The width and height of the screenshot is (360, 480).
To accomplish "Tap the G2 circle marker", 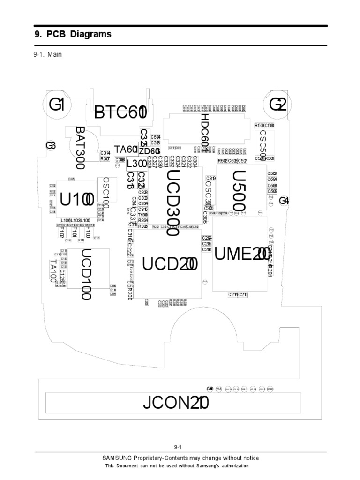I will click(x=277, y=105).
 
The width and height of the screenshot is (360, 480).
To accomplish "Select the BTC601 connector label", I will click(x=120, y=113).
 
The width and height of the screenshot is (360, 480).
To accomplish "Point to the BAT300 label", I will click(x=80, y=147).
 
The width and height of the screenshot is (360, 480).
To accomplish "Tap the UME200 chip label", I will click(x=242, y=254).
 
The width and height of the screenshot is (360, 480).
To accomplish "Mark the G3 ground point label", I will click(x=51, y=146).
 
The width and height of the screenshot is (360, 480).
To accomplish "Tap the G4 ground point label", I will click(x=284, y=201).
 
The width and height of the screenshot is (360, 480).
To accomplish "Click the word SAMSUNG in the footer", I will click(x=117, y=458).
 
